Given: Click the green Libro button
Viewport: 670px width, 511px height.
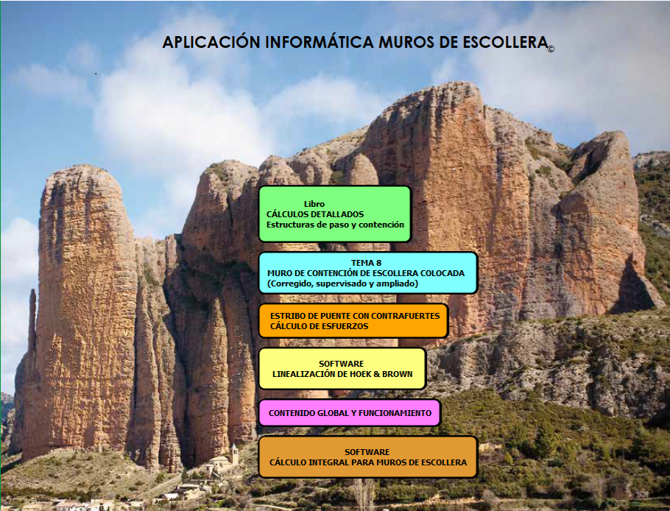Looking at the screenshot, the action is (x=335, y=214).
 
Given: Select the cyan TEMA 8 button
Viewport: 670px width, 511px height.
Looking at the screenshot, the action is (x=368, y=273).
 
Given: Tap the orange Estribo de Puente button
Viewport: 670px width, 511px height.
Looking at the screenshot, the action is (x=353, y=321).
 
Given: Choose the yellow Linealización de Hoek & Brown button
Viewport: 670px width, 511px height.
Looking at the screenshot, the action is (x=342, y=369).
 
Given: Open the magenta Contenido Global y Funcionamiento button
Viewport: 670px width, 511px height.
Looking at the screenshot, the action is (x=350, y=413).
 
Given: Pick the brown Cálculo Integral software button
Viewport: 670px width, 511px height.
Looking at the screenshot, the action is (x=368, y=457).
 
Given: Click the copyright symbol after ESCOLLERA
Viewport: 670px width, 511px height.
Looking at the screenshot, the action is (x=551, y=49).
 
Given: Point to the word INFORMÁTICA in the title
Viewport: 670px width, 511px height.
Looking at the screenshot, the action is (x=320, y=42).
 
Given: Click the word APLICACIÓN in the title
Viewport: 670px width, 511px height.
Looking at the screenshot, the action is (x=211, y=42).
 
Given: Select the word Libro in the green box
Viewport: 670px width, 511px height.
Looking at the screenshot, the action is (x=314, y=204).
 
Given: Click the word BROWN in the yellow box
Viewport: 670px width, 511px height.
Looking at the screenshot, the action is (x=398, y=374).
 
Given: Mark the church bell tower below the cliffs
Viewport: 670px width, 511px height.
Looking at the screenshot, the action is (x=234, y=454).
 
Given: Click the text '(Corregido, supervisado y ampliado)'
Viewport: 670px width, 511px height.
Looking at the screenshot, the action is (x=342, y=283).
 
